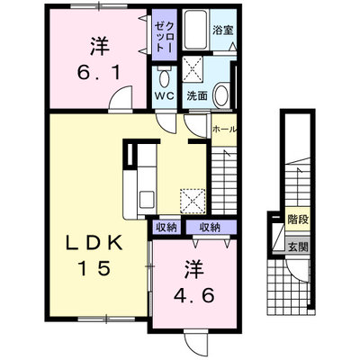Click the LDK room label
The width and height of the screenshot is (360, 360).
[94, 243]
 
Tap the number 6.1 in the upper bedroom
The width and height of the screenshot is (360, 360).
[99, 73]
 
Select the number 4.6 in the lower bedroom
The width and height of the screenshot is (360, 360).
[194, 295]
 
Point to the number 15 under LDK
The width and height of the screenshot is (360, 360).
[94, 268]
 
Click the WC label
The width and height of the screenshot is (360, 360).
[165, 96]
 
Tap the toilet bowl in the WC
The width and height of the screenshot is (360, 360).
[165, 77]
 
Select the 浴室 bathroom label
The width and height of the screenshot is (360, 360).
[223, 30]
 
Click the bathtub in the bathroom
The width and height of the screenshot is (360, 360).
[195, 30]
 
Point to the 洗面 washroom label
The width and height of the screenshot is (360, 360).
[197, 95]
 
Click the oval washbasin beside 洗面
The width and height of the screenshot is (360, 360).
[222, 94]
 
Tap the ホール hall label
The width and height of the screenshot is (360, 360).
[224, 130]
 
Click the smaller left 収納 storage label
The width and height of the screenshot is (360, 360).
[166, 227]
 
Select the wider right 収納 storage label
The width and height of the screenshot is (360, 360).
[210, 227]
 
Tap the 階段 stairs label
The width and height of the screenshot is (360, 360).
[298, 220]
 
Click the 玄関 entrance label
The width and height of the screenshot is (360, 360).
[298, 247]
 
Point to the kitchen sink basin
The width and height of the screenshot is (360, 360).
[147, 199]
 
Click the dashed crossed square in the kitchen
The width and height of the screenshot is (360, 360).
[193, 201]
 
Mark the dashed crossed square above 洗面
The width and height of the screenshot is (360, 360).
[193, 68]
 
